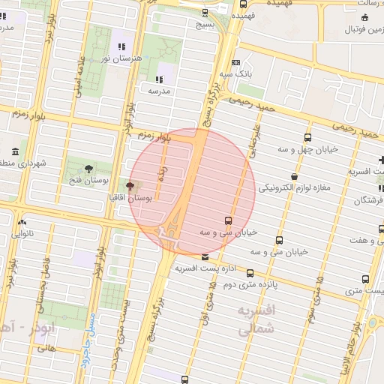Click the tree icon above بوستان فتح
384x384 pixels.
89,167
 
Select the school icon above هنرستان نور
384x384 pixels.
121,47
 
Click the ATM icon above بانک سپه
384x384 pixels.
236,63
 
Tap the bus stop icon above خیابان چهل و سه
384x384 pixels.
308,137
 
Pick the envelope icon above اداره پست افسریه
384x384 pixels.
205,256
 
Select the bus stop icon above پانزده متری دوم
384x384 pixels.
250,274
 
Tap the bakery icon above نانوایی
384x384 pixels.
22,223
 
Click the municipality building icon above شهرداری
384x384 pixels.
16,152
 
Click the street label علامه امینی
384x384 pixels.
76,77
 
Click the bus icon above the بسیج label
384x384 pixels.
205,12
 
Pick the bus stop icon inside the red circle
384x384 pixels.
228,220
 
